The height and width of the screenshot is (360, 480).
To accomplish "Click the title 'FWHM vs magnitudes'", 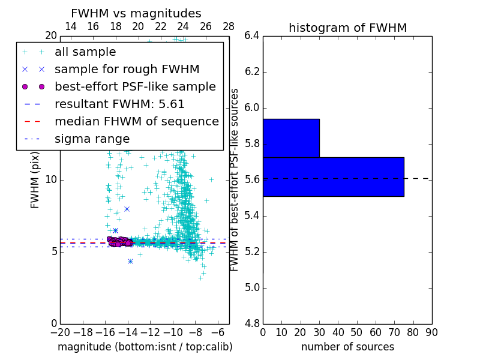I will [136, 14].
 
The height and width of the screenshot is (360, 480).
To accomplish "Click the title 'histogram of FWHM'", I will [347, 28].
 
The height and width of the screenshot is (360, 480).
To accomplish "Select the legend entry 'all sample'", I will [85, 52].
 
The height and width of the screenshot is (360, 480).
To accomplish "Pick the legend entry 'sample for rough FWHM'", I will [127, 70].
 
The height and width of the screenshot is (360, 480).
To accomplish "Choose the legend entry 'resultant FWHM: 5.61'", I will [119, 104].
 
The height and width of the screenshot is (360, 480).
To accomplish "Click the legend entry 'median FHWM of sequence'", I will [136, 122].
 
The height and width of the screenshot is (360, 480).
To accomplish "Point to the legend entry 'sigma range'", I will [92, 139].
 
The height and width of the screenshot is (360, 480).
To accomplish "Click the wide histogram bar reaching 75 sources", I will [333, 176].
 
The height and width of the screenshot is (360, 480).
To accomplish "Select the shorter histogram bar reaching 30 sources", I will [291, 138].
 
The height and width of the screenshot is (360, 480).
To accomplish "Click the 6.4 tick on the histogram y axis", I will [252, 36].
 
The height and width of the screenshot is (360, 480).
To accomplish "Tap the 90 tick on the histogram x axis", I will [431, 332].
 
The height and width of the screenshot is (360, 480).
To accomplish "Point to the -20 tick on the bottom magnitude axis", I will [60, 332].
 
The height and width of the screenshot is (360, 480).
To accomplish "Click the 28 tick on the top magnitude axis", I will [229, 27].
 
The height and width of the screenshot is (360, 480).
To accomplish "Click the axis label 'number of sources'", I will [347, 347].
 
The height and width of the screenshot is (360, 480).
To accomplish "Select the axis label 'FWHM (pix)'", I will [35, 180].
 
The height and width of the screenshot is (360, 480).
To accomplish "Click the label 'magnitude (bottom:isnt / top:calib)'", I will [145, 347].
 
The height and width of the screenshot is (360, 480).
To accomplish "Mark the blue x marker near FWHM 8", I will [127, 209].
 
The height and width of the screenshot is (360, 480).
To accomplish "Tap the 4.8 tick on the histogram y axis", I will [252, 323].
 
